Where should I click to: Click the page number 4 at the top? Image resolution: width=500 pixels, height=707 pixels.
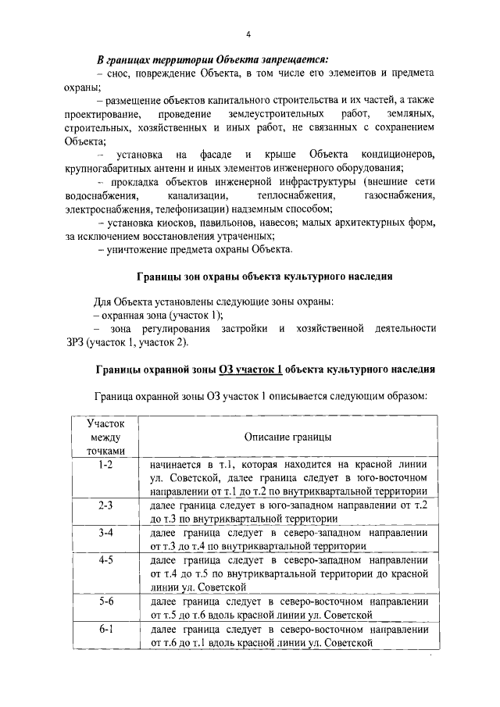[x=248, y=34]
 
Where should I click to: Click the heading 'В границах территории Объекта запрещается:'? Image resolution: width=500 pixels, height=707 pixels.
[x=212, y=59]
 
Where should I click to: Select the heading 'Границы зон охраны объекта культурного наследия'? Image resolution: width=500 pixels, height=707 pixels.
[x=264, y=277]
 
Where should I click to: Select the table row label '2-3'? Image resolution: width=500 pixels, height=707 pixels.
[x=106, y=505]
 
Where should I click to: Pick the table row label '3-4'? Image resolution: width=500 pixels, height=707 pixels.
[x=106, y=533]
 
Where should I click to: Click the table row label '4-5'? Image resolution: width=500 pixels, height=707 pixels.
[x=106, y=560]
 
